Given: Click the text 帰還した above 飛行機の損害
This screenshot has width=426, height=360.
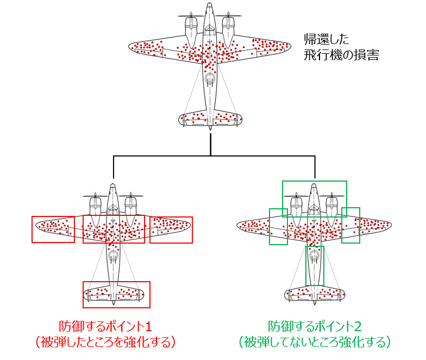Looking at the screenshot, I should click(x=326, y=39).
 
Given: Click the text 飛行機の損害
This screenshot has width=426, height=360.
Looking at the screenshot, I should click(x=341, y=55).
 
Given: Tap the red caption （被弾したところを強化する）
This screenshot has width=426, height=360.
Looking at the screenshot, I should click(x=104, y=342).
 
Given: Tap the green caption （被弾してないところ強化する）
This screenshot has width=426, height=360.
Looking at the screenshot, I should click(x=315, y=342).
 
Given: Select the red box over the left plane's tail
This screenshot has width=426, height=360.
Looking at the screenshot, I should click(x=116, y=294).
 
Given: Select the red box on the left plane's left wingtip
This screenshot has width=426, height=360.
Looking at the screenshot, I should click(x=53, y=229).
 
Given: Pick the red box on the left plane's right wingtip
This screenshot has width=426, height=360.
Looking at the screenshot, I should click(x=171, y=229).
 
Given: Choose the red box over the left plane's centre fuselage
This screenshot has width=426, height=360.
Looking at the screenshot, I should click(x=114, y=229).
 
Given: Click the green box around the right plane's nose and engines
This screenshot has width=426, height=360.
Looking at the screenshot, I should click(x=314, y=199).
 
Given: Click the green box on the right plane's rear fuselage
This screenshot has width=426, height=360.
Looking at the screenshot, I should click(x=314, y=265).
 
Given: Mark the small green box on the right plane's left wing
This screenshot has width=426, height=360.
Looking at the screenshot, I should click(x=278, y=226).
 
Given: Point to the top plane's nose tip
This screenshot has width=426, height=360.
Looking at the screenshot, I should click(x=210, y=5).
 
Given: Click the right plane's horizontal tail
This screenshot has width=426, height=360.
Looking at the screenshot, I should click(x=315, y=294).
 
